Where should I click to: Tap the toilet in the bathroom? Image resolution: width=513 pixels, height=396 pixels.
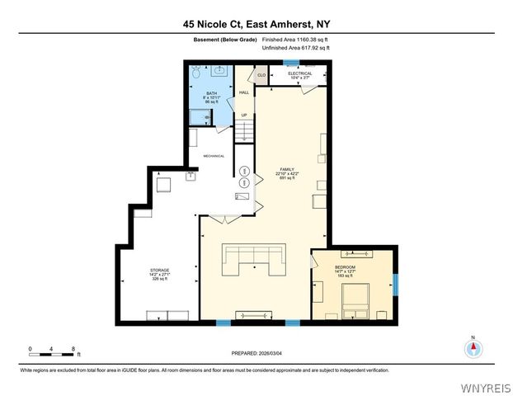pos(195,75)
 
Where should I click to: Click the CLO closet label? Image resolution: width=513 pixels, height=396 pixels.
pos(261,75)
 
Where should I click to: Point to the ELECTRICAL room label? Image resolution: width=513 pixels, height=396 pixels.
pos(299,73)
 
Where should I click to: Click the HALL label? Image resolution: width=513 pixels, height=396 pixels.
pos(244,92)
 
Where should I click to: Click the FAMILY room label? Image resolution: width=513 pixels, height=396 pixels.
pos(287,171)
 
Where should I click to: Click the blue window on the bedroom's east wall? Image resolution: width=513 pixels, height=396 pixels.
pos(395,285)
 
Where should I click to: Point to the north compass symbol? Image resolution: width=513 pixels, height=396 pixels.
pos(473,347)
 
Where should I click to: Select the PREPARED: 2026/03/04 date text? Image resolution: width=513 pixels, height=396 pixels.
pos(256,353)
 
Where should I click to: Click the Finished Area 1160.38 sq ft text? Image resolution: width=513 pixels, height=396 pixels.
pos(295,39)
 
